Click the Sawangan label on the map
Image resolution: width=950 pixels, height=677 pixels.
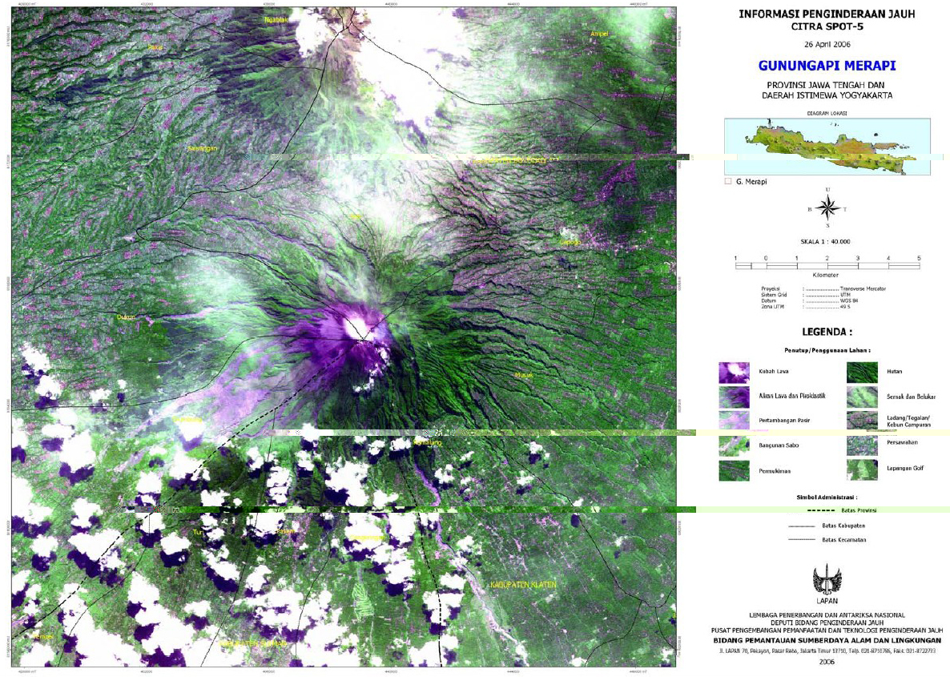pyautogui.click(x=202, y=149)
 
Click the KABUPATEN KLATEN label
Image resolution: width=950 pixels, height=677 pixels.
pyautogui.click(x=522, y=586)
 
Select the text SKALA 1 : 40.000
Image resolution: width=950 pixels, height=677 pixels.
pyautogui.click(x=826, y=241)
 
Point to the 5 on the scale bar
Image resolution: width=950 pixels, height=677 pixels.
pyautogui.click(x=919, y=258)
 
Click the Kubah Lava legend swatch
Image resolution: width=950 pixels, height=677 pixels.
pyautogui.click(x=734, y=373)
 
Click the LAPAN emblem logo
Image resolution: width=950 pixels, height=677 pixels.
pyautogui.click(x=826, y=578)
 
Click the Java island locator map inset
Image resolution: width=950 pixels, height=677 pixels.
pyautogui.click(x=827, y=147)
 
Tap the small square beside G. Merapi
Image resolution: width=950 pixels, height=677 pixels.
pyautogui.click(x=728, y=182)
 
